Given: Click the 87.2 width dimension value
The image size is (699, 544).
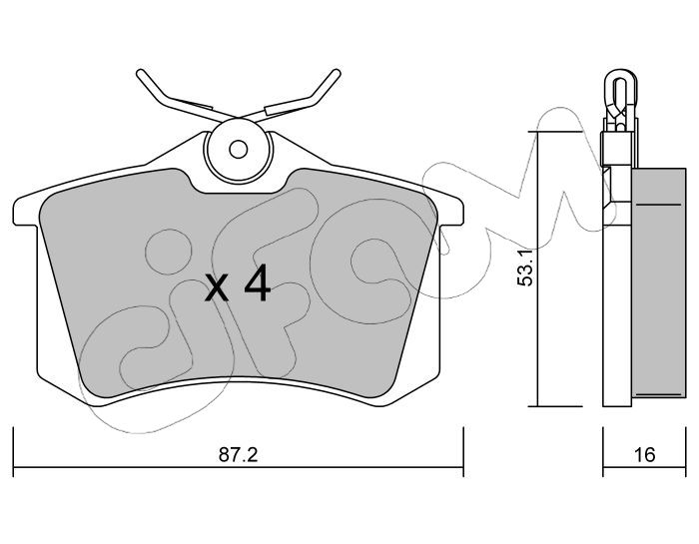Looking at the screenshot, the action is (239, 455).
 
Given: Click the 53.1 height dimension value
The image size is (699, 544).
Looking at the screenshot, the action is (524, 269).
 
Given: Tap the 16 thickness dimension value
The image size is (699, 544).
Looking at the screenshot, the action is (644, 455).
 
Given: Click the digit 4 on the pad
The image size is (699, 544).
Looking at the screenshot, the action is (258, 282).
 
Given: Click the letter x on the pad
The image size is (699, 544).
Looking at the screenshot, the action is (217, 288).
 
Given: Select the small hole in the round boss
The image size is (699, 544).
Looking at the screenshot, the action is (239, 150).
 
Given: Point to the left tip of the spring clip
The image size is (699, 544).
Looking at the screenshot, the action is (140, 73).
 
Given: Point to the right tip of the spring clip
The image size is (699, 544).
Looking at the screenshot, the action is (338, 73).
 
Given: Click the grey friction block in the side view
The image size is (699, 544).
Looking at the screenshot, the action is (659, 282).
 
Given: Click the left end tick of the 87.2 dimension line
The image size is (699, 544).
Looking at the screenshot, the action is (14, 452).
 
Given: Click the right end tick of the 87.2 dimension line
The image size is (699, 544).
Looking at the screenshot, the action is (463, 452).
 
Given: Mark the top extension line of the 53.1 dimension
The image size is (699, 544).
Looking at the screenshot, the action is (555, 132).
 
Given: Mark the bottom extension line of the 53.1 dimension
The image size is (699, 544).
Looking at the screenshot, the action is (555, 406).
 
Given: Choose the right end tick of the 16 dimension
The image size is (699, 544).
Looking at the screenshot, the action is (686, 452).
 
